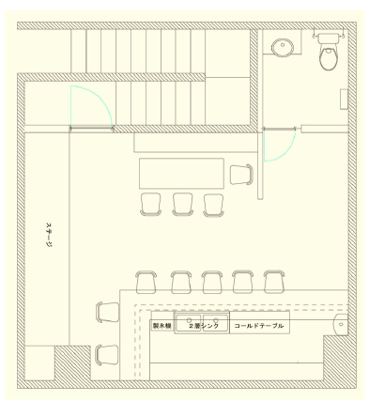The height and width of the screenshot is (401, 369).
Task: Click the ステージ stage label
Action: (49, 235)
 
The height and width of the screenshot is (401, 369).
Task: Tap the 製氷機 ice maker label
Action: (161, 326)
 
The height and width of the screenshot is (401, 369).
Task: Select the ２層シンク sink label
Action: (203, 326)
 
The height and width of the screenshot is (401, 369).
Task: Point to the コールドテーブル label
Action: (258, 326)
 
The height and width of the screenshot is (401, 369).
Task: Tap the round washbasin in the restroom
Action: (283, 47)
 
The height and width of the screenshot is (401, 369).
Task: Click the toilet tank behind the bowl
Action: (329, 38)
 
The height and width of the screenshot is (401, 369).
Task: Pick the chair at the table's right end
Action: (241, 175)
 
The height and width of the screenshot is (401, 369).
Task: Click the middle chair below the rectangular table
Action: (182, 205)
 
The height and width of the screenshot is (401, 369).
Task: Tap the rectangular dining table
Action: (181, 174)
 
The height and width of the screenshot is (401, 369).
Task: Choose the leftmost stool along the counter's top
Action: (146, 282)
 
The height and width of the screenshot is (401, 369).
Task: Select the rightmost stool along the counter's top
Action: (274, 282)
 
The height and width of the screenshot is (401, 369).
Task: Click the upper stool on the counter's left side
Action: (107, 312)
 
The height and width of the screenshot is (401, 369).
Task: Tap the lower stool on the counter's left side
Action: (107, 356)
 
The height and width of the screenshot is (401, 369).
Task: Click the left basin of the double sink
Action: (189, 323)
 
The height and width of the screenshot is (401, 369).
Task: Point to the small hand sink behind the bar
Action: (341, 324)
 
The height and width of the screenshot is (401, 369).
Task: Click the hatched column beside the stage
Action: (73, 362)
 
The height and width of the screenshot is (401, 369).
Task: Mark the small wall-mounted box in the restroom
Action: (344, 100)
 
